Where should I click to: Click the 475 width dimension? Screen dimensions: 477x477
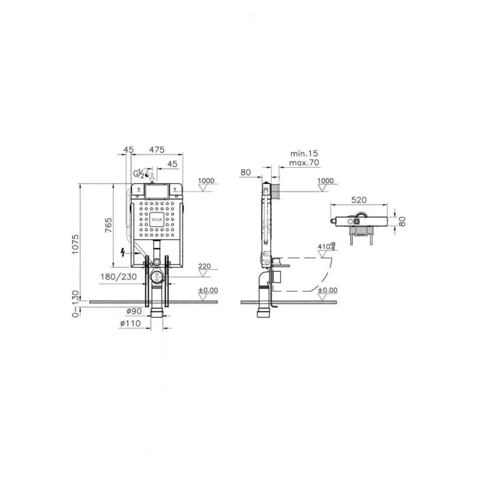[158, 149]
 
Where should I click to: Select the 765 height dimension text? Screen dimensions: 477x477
[108, 226]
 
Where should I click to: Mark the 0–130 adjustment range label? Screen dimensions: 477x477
[76, 304]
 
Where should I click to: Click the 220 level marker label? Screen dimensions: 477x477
[204, 266]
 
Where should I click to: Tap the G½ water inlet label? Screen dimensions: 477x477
[139, 173]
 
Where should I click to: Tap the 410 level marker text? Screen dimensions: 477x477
[324, 247]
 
